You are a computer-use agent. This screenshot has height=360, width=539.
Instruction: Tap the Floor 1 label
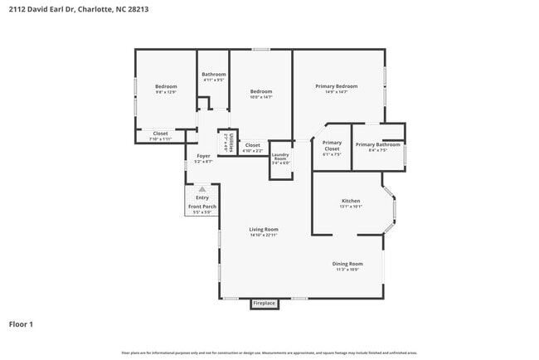point(22,324)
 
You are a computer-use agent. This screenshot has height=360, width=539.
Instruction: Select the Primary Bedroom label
point(336,86)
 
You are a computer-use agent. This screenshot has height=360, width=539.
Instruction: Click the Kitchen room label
point(351,201)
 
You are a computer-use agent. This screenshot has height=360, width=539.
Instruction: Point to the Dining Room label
point(347,264)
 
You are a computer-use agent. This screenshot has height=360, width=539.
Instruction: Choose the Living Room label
point(264,229)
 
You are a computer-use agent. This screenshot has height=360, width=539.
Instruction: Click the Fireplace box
point(265,304)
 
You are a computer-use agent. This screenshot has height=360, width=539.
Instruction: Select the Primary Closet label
point(332,144)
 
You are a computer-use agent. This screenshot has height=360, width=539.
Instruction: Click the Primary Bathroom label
point(377,144)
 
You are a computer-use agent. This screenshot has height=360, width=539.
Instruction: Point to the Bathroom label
point(214,75)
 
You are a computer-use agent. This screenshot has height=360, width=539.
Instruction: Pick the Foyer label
point(203,156)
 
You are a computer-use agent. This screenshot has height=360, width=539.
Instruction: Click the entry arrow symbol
point(202,189)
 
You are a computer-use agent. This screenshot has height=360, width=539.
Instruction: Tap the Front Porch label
point(202,206)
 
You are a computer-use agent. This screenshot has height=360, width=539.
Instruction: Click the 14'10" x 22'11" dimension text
point(264,236)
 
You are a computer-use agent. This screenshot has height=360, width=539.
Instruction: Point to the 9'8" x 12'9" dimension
point(166,93)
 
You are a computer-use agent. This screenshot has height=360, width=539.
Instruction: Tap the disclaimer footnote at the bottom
point(269,353)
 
